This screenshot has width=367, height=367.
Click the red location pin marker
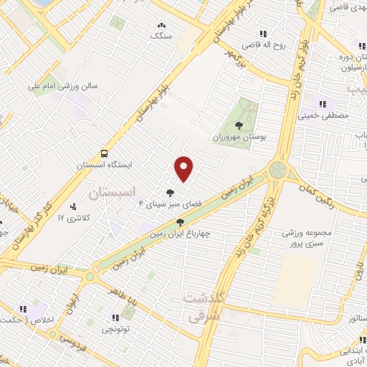(185, 168)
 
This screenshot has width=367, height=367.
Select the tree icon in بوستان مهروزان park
(239, 125)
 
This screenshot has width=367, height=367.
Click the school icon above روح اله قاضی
(263, 33)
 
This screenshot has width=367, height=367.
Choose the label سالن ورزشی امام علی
(62, 85)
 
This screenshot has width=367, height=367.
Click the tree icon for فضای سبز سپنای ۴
(170, 192)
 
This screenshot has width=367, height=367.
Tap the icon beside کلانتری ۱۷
(74, 208)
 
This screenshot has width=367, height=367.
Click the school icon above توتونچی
(115, 318)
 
